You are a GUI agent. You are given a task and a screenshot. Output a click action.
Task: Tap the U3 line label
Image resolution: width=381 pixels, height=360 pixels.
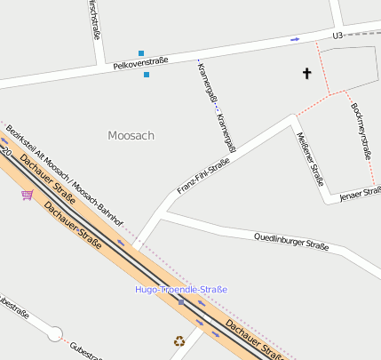click(337, 36)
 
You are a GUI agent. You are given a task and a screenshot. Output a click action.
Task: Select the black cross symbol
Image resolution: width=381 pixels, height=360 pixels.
click(308, 74)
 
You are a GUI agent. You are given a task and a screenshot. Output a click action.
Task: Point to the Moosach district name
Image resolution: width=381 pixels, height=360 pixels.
click(131, 136)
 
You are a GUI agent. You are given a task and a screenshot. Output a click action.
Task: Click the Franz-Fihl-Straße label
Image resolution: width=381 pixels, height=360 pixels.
click(203, 175)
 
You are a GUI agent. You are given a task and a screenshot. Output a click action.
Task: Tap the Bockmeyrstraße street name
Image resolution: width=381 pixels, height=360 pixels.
click(361, 129)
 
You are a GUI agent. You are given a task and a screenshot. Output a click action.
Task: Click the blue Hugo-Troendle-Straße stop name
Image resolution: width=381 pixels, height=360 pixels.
click(181, 290)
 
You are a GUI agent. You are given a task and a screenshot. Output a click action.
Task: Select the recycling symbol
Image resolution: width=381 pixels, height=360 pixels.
click(179, 340)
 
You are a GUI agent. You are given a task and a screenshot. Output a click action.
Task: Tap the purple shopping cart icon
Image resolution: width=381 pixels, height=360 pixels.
click(28, 195)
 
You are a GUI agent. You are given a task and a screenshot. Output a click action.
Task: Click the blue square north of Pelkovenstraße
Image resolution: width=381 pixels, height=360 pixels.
click(140, 53)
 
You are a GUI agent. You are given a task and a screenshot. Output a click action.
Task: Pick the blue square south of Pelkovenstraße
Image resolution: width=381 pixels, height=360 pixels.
click(147, 75)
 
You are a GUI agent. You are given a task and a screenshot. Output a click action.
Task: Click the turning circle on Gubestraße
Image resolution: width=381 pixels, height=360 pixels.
click(55, 334)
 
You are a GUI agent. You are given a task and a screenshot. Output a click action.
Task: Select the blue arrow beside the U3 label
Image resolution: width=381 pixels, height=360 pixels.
click(295, 39)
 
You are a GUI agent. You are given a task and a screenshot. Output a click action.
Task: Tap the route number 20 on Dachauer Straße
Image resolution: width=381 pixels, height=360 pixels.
click(6, 153)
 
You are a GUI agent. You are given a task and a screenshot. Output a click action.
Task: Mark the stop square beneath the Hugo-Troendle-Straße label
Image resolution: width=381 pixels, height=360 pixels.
click(181, 302)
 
